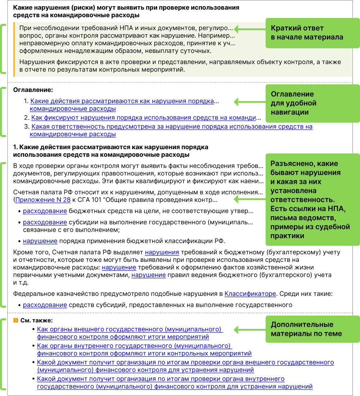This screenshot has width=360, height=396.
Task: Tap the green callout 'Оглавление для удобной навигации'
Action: pos(312,103)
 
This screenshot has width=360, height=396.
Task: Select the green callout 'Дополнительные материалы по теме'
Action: pos(312,329)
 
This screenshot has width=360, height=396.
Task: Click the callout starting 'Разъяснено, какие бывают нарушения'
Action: pos(312,200)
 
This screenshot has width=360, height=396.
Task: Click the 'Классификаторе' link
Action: pos(250,294)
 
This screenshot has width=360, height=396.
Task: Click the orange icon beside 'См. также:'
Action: pos(15,320)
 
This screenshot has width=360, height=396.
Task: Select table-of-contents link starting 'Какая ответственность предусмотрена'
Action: pos(171,127)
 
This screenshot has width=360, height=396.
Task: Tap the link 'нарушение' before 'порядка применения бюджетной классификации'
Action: pos(40,241)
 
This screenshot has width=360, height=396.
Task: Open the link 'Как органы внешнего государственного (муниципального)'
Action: pos(130,329)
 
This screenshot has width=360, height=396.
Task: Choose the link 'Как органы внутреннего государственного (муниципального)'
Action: pos(134,346)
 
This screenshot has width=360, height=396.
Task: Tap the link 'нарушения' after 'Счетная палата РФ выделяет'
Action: pos(162,252)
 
